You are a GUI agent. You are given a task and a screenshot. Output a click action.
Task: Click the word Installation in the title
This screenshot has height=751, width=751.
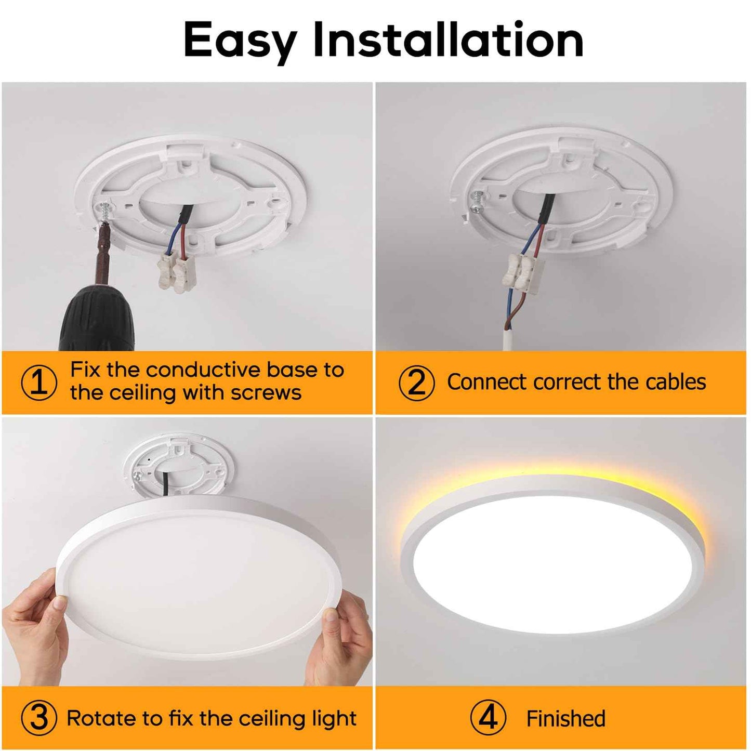[448, 40]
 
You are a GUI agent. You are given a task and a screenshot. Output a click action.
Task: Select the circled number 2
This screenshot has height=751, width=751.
[416, 383]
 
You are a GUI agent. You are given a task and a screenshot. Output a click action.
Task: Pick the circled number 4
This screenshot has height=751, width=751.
[488, 718]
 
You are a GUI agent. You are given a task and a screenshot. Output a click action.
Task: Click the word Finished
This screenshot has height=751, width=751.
[565, 719]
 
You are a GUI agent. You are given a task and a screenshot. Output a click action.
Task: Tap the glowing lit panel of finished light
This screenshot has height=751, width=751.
[554, 564]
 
